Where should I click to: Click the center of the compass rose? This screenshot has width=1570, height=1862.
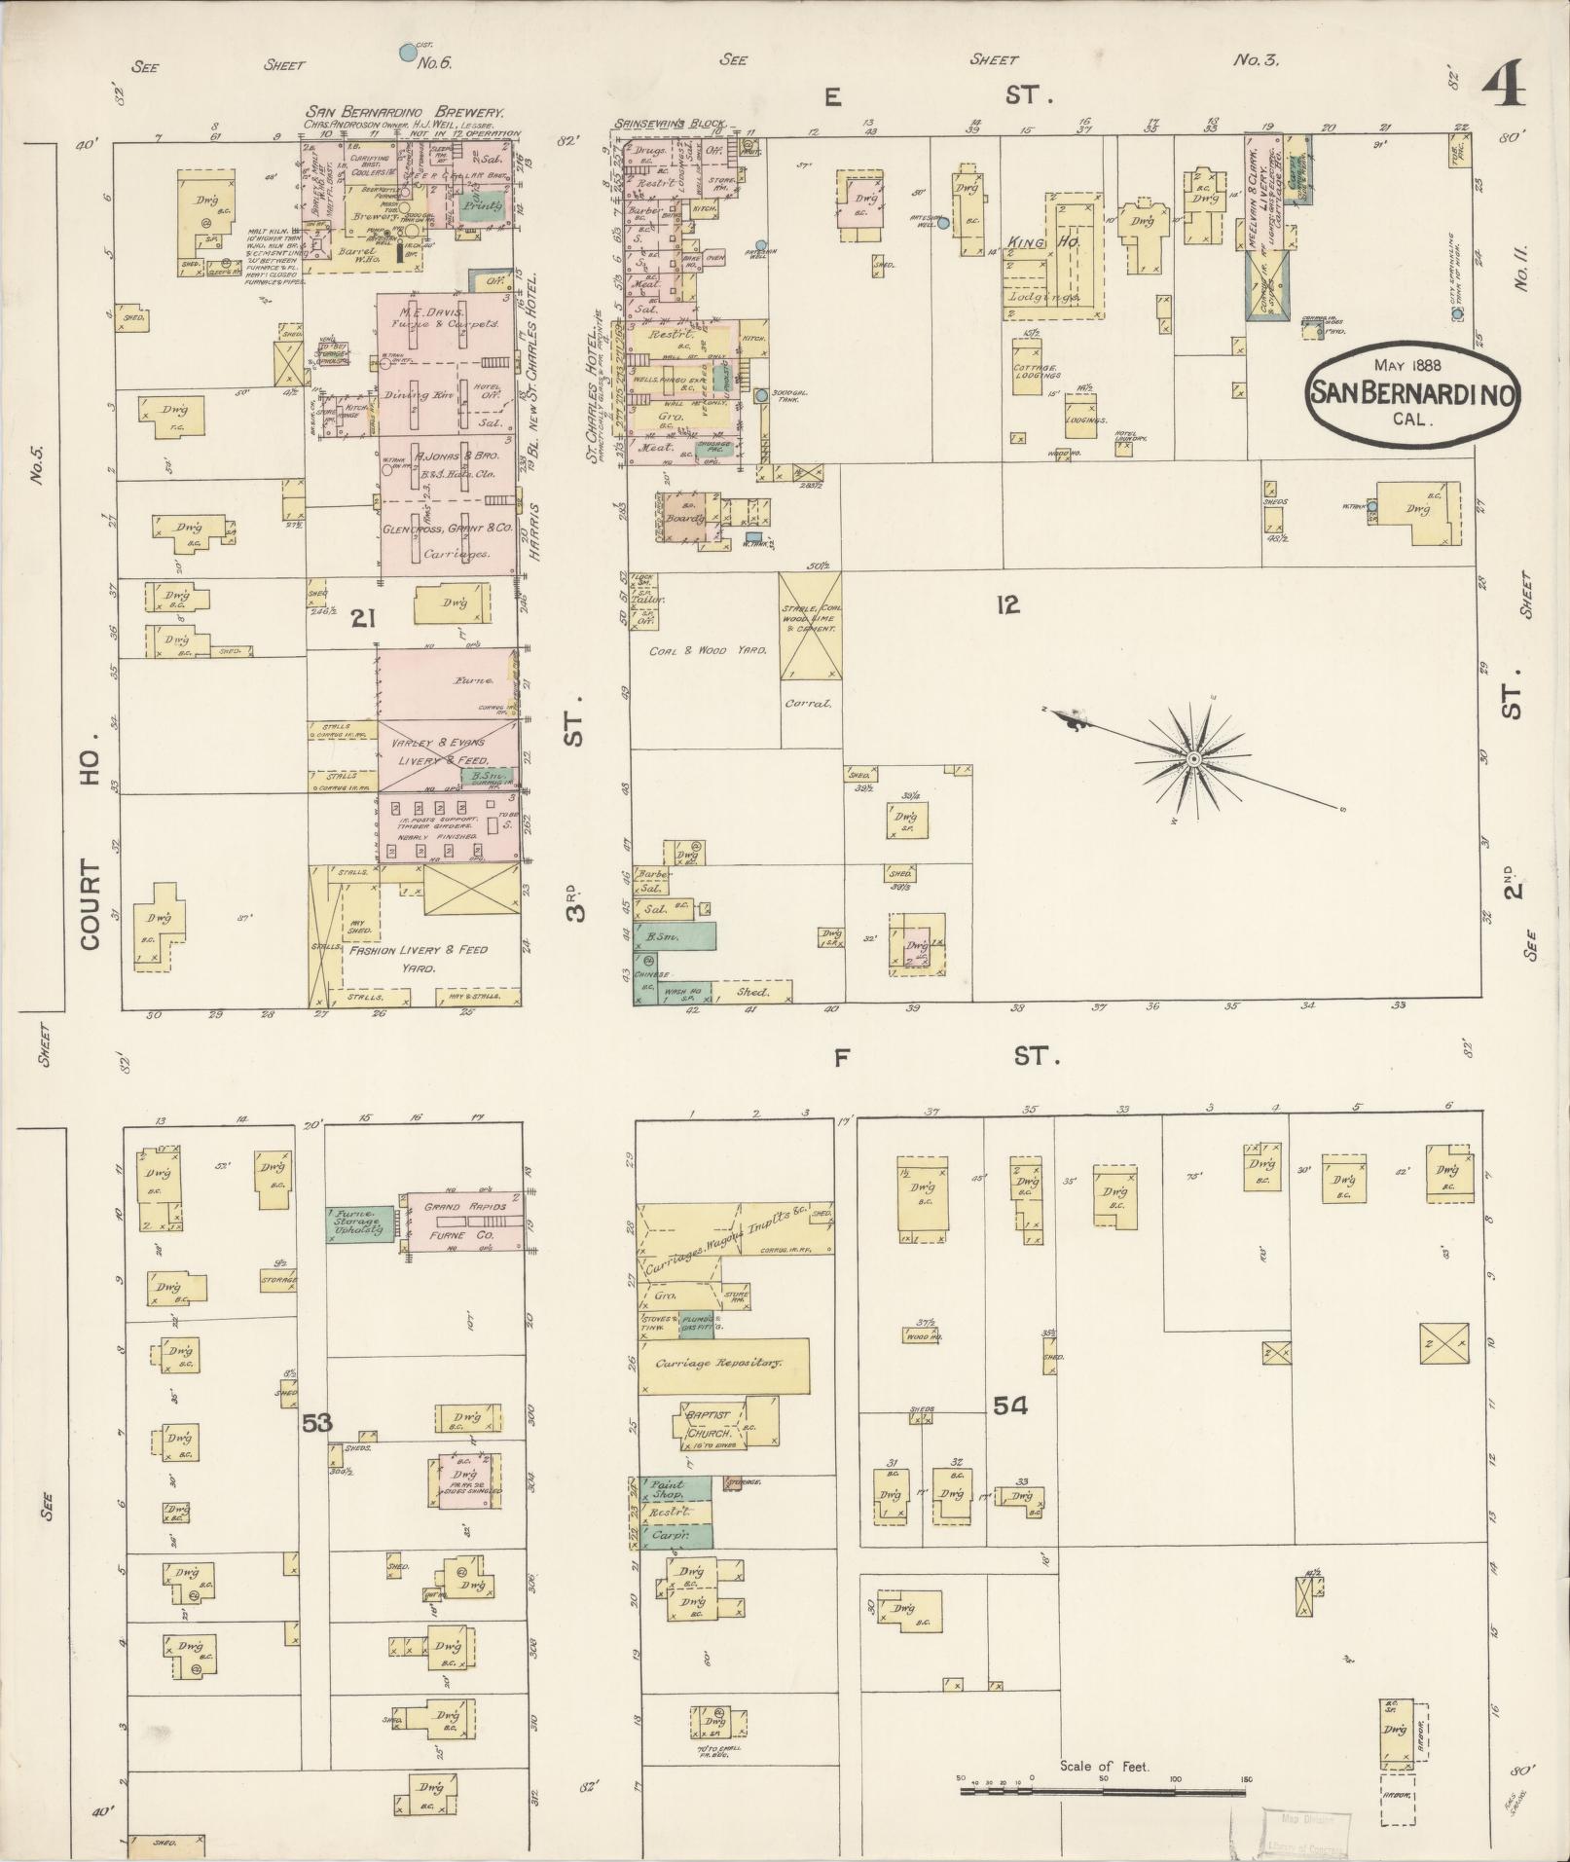pos(1191,758)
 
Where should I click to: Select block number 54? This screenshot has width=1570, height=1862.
pos(1010,1405)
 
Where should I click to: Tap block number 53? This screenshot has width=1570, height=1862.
pos(316,1423)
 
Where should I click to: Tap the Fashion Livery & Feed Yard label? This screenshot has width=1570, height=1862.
pos(420,958)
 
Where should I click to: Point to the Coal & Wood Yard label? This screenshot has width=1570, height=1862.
pos(695,650)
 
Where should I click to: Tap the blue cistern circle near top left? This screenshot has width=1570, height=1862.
pos(406,51)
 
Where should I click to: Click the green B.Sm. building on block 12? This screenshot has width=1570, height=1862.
pos(675,936)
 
